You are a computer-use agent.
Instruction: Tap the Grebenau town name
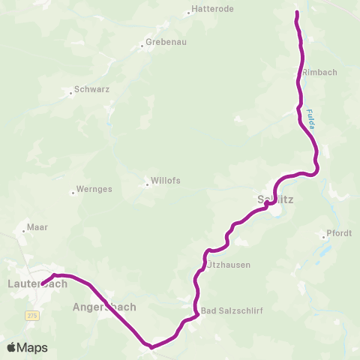163,42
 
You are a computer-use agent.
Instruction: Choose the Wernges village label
94,189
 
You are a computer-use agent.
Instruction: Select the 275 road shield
31,316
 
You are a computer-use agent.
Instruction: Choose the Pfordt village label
340,233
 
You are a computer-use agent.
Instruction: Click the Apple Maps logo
27,347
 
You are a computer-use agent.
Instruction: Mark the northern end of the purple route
297,13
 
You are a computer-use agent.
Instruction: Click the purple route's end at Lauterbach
43,284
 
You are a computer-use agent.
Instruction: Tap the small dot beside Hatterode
188,13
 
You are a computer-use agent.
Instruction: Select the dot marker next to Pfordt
323,237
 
